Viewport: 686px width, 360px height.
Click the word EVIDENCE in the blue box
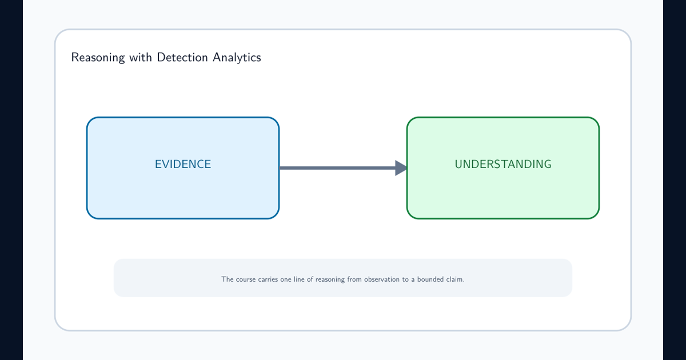point(183,164)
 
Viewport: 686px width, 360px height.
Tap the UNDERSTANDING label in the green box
point(503,164)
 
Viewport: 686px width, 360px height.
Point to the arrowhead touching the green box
point(401,168)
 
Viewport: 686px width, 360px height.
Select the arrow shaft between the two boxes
point(337,168)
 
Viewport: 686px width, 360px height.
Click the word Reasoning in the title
point(98,58)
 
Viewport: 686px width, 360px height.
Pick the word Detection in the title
point(182,57)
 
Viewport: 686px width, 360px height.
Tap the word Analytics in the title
point(237,58)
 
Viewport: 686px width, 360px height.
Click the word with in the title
point(141,57)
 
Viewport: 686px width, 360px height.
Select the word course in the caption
point(246,279)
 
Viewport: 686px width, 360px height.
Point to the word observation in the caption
point(382,279)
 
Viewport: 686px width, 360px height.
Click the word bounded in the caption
point(430,279)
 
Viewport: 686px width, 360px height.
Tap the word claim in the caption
point(456,279)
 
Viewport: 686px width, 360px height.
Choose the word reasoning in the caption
point(330,280)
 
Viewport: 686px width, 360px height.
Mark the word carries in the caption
point(268,279)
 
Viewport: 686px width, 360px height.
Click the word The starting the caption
point(228,279)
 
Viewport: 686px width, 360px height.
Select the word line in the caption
point(299,279)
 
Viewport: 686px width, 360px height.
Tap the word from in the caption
point(354,279)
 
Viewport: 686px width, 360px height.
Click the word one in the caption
point(286,279)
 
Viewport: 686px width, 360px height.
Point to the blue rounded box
point(183,168)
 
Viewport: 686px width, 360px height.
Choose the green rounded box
point(503,168)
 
